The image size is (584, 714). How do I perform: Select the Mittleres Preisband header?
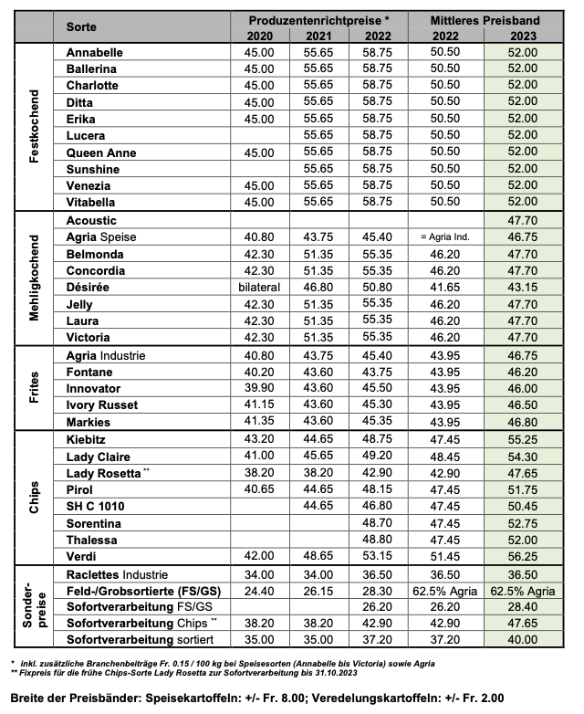tap(486, 19)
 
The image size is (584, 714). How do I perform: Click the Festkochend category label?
tap(35, 127)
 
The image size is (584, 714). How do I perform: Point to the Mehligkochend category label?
tap(35, 278)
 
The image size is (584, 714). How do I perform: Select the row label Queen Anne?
tap(101, 153)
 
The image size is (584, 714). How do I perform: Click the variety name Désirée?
tap(89, 288)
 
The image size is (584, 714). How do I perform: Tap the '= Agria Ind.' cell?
tap(446, 237)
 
